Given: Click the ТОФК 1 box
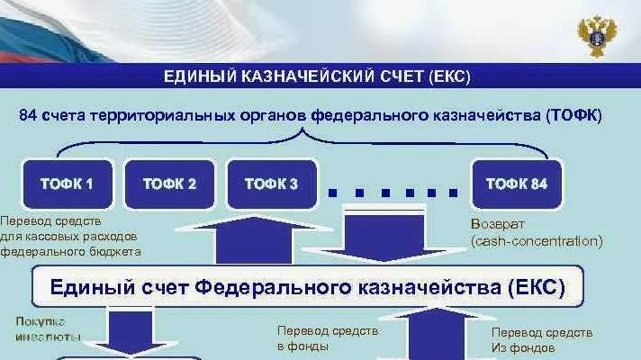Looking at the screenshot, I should tap(67, 184).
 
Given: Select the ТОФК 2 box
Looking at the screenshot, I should tap(169, 184).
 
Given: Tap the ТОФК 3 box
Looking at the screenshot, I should tap(271, 184).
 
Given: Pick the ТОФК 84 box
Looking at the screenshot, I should tap(516, 184).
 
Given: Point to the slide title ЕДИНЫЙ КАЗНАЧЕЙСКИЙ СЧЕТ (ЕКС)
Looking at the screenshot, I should tap(317, 76).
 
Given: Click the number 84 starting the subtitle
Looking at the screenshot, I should tap(28, 116).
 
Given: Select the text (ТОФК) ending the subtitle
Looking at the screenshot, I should tap(572, 116).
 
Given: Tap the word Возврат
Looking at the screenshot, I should tap(491, 223).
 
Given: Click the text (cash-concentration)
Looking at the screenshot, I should tap(536, 240).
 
